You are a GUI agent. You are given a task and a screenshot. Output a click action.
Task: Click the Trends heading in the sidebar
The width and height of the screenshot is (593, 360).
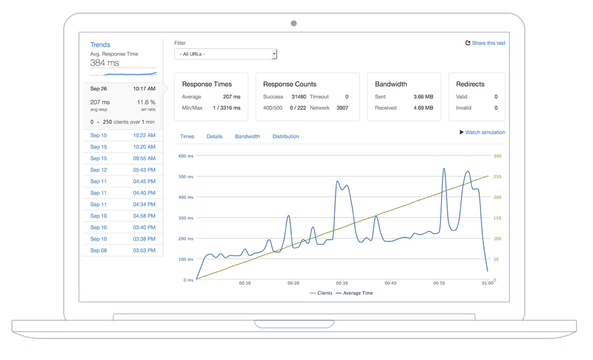coord(100,45)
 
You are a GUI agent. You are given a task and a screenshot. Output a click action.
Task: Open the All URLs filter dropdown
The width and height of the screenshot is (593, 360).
coord(225,54)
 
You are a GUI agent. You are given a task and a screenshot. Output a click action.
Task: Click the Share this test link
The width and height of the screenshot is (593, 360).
coord(485,43)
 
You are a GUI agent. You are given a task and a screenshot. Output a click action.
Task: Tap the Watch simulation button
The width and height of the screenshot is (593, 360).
coord(482,132)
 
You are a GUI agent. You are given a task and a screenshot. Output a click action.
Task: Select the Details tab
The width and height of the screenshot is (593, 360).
coord(214,136)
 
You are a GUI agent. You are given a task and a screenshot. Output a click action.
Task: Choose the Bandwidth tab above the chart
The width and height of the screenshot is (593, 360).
coord(247,136)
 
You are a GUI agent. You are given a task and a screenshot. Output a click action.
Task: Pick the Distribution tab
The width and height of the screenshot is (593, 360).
coord(285,136)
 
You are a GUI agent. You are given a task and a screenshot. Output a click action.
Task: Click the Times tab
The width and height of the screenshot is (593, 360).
coord(187,136)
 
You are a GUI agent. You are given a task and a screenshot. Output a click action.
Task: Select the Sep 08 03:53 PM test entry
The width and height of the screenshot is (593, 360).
coord(123,251)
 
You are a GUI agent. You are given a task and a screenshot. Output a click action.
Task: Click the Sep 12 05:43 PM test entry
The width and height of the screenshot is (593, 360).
coord(123,170)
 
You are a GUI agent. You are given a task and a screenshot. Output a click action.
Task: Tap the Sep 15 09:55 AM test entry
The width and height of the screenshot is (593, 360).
coord(123,158)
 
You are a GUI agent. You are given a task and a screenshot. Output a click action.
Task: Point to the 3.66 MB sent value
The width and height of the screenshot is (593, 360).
coord(423,97)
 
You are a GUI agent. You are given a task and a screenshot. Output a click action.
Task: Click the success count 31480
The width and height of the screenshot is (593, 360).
coord(298,97)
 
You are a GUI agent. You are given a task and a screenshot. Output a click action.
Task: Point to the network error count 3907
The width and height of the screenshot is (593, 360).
coord(342,108)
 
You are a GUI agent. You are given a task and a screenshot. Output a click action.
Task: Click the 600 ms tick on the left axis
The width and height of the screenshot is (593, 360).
coord(186,157)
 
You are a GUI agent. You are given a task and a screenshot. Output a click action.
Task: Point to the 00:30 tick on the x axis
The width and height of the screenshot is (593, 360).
coord(342,283)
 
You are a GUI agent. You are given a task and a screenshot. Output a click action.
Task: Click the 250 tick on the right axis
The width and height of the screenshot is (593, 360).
coord(498,177)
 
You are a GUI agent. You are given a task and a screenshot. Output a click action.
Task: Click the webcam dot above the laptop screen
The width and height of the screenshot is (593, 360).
coord(294,24)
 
